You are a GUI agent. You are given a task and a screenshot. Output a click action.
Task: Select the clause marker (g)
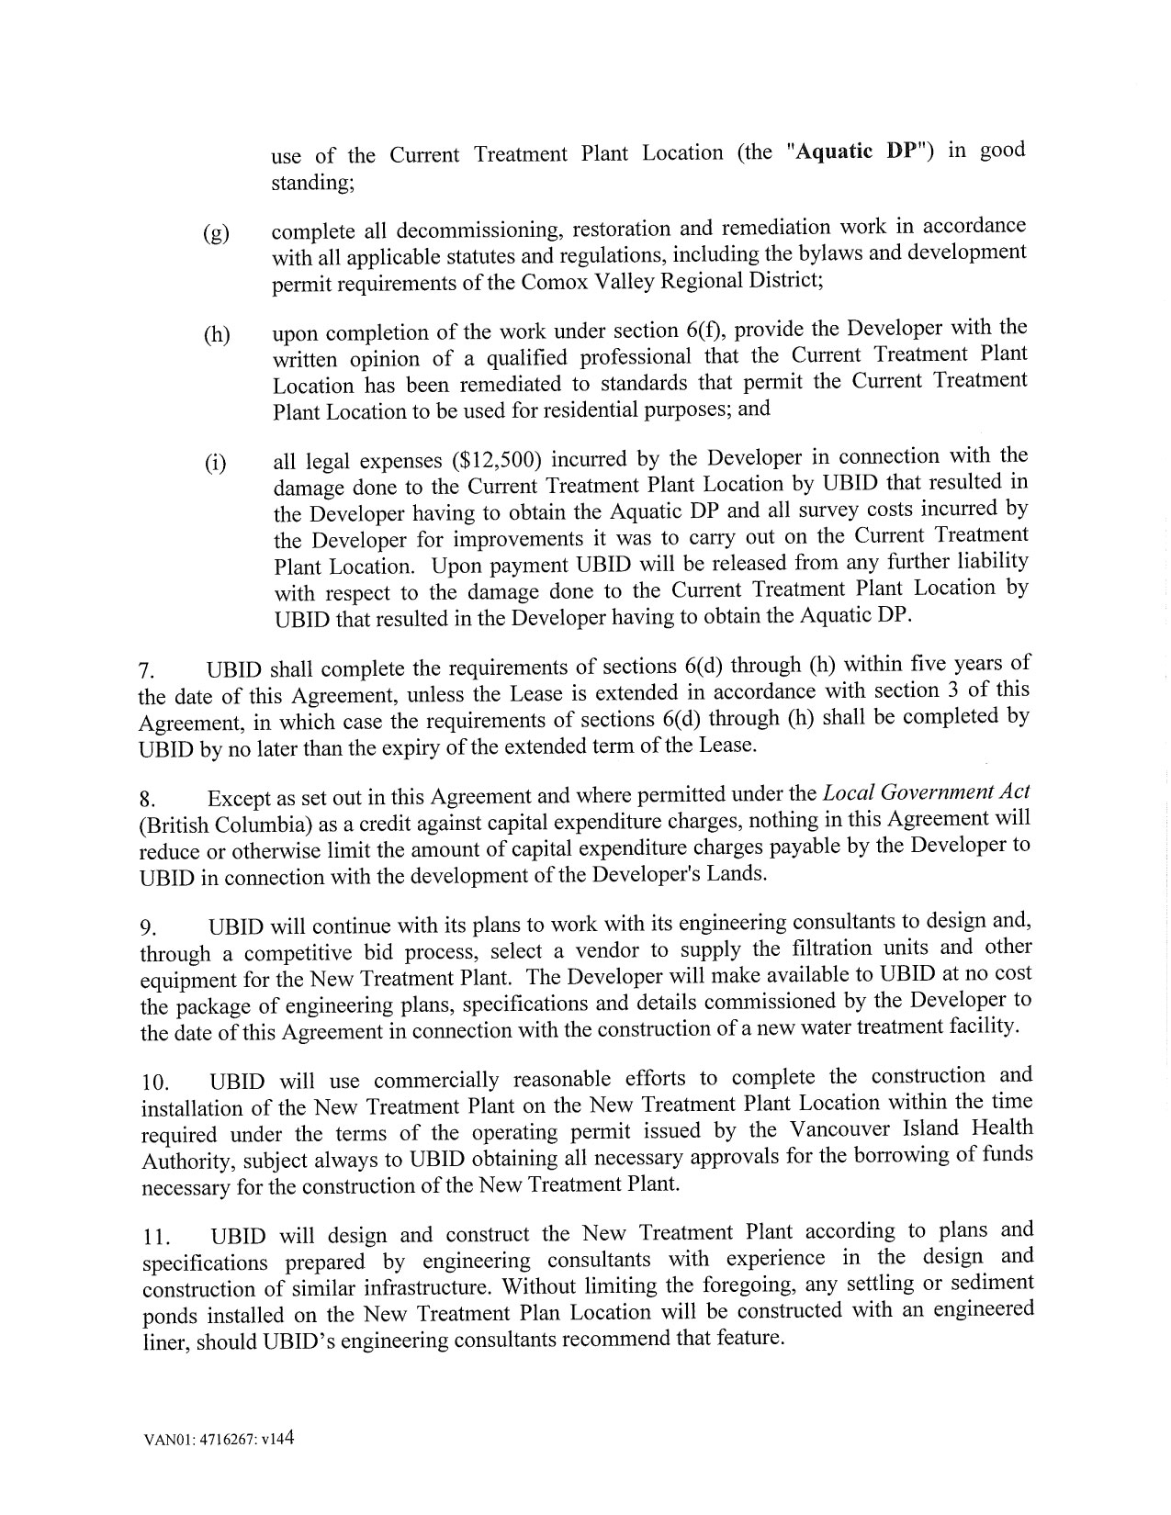(x=216, y=233)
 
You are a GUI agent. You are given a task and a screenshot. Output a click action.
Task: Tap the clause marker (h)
(x=216, y=335)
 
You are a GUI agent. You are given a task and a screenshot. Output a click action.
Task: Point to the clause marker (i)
(x=214, y=463)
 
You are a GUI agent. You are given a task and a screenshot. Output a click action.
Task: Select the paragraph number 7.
(x=145, y=669)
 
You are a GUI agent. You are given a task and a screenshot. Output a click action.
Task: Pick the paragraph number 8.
(x=145, y=799)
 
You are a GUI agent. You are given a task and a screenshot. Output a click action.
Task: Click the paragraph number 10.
(x=152, y=1083)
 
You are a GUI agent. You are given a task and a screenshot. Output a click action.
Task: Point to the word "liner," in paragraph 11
(x=162, y=1341)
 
